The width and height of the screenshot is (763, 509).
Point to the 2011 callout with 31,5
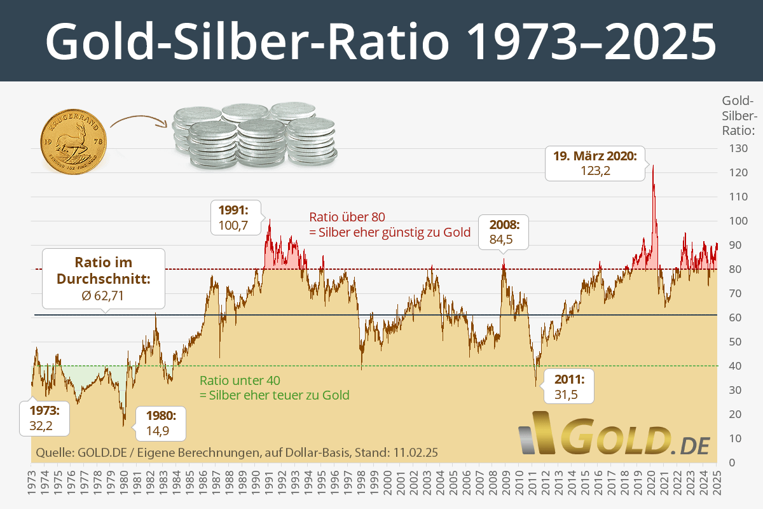coord(568,386)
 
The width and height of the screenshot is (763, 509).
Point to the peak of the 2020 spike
coord(652,166)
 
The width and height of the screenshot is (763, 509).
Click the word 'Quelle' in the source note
coord(53,453)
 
